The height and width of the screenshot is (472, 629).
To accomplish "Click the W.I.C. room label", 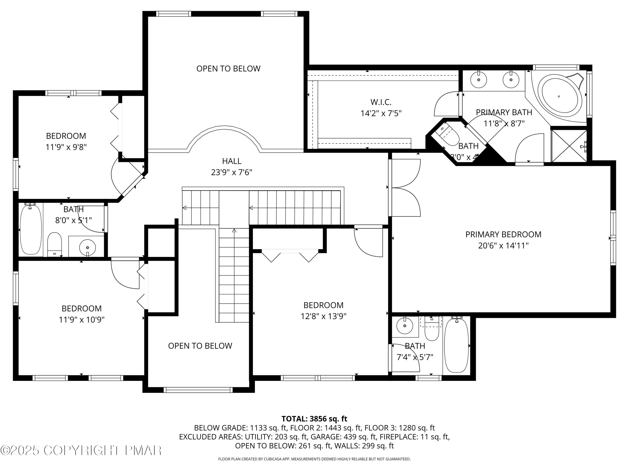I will [x=381, y=102].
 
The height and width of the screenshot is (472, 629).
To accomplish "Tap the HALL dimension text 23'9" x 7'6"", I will [x=231, y=172].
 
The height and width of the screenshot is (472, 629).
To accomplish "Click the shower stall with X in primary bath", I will [x=569, y=146].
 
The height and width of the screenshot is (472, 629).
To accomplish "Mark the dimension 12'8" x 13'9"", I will [x=323, y=316].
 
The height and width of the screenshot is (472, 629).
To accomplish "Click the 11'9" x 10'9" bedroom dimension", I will [x=82, y=320].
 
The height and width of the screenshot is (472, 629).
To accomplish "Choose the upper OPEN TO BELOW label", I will [x=228, y=69].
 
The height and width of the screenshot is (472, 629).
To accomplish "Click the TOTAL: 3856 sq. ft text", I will [x=314, y=419].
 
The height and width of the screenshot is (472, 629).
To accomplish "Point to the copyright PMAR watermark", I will [x=81, y=450].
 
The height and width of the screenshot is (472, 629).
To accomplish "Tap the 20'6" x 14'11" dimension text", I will [x=503, y=245].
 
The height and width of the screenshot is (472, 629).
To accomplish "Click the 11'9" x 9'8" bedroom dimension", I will [x=66, y=147].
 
